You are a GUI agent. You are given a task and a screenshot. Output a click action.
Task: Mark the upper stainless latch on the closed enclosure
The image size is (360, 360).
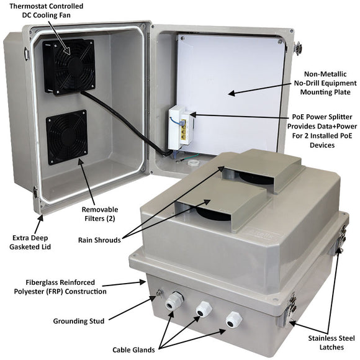[341, 238]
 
